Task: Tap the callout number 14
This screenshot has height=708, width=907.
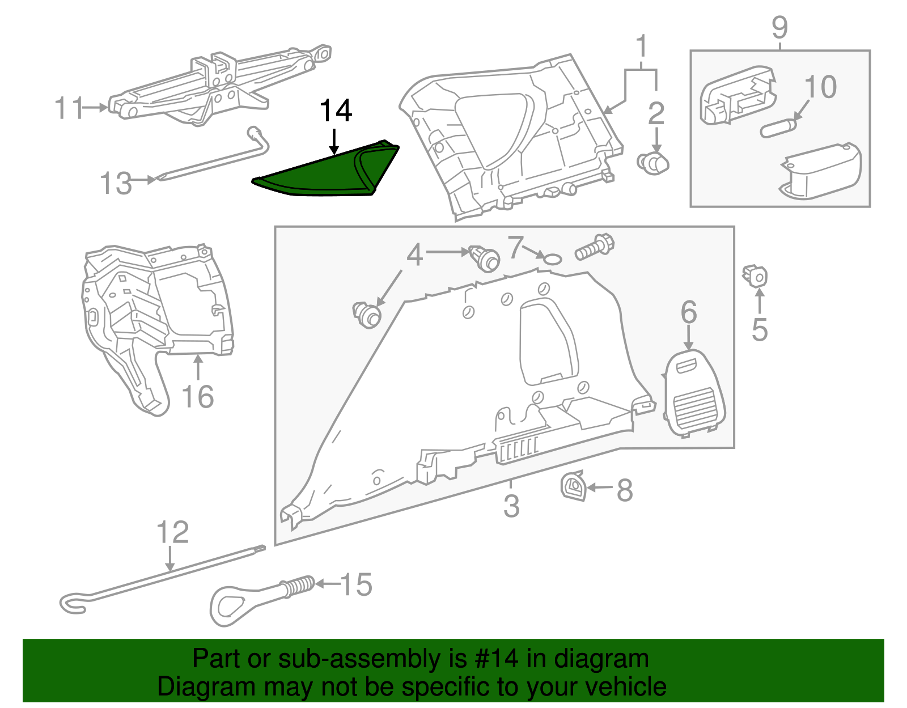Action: click(x=336, y=111)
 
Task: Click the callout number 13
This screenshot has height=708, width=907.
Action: click(x=116, y=184)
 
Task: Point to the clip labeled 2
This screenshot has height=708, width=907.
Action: click(x=653, y=163)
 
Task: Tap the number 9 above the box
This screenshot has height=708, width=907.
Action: click(x=779, y=27)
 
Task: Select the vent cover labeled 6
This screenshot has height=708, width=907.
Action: click(x=694, y=393)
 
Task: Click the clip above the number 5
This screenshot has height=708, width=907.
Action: click(x=755, y=277)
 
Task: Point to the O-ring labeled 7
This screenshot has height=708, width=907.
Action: click(x=552, y=260)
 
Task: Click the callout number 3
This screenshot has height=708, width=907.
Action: click(x=511, y=506)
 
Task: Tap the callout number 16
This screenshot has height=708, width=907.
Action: click(x=198, y=397)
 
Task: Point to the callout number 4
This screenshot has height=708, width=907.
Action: click(x=414, y=256)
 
